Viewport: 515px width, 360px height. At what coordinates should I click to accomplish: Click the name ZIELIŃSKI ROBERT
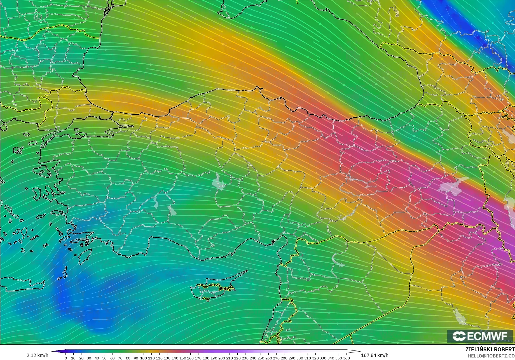point(490,350)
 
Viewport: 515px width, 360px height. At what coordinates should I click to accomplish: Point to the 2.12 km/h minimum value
point(37,355)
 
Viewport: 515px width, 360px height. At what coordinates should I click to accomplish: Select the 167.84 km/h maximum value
point(374,355)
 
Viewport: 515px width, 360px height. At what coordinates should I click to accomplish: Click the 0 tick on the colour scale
point(66,358)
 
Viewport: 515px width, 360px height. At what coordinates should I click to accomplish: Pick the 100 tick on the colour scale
point(144,358)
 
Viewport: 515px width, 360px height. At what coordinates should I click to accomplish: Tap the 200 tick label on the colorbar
point(221,358)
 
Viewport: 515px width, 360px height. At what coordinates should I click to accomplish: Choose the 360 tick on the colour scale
point(346,358)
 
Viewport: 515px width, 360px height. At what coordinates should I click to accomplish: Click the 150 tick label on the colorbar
point(182,358)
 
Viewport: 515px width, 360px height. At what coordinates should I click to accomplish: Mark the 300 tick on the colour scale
point(299,358)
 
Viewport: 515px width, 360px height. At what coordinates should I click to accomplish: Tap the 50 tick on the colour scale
point(105,358)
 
